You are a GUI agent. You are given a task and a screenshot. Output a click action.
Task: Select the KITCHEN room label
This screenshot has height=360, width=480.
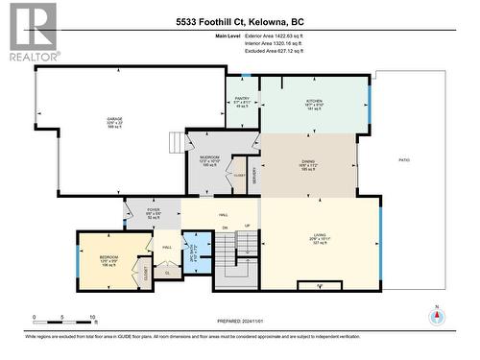(x=314, y=99)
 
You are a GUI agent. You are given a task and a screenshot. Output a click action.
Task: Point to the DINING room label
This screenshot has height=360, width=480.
(x=308, y=165)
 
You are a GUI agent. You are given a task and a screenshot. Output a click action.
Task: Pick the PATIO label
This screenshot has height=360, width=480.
(x=404, y=160)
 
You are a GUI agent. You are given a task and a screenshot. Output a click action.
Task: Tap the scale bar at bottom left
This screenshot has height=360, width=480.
(x=62, y=318)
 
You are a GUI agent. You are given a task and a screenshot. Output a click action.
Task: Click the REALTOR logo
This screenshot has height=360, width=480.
(x=31, y=32)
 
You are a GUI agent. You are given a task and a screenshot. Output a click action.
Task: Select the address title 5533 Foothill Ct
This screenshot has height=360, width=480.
(x=240, y=21)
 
